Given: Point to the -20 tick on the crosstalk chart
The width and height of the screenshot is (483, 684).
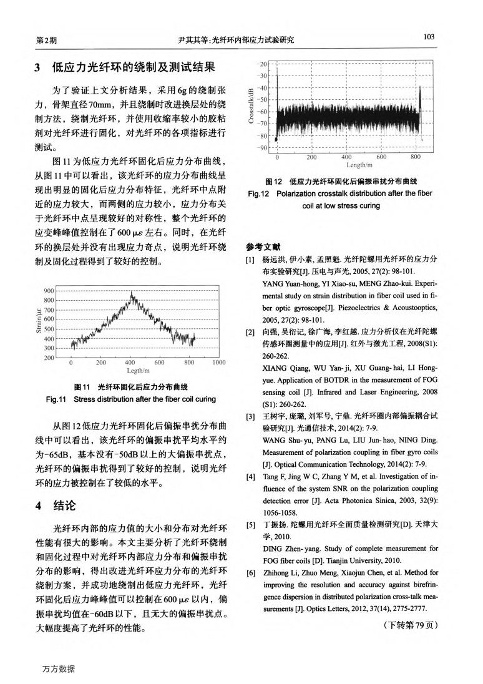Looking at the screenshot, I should (x=263, y=64).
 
